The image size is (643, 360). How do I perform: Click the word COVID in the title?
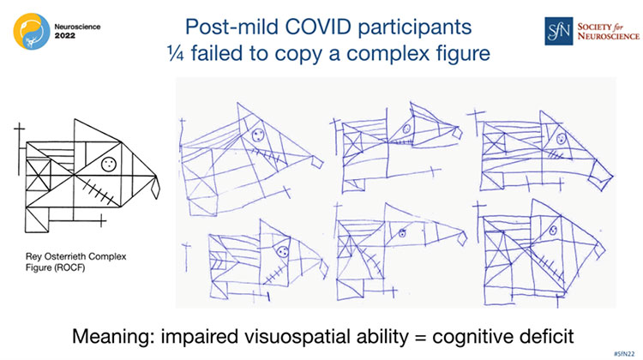point(318,27)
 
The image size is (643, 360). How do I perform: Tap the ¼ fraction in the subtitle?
point(176,54)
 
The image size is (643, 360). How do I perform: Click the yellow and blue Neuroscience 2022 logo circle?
point(32,31)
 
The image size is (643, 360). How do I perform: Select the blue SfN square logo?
point(558,31)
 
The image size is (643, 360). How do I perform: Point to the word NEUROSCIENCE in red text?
point(609,36)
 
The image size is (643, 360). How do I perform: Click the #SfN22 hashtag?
point(624,353)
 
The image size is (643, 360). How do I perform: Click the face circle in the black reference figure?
point(109,165)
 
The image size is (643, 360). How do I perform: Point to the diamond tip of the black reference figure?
point(155,188)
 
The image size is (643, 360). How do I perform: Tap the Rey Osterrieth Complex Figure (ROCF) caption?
point(75,262)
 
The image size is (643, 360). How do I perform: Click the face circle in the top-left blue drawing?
point(258,135)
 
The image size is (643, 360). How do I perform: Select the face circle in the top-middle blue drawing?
point(406,129)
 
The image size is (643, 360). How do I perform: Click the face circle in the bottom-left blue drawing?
point(282,252)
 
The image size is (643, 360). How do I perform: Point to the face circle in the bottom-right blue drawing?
point(553,231)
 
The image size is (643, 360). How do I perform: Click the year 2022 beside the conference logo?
point(65,35)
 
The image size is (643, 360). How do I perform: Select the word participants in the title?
point(415,28)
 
